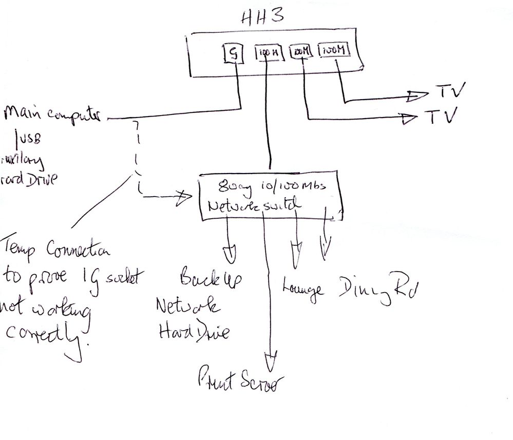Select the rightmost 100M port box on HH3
[x=335, y=51]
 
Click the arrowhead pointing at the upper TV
[x=417, y=95]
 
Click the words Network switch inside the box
[x=252, y=206]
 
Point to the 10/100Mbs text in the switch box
[x=295, y=186]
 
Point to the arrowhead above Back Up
[x=230, y=252]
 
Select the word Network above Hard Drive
[x=188, y=306]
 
